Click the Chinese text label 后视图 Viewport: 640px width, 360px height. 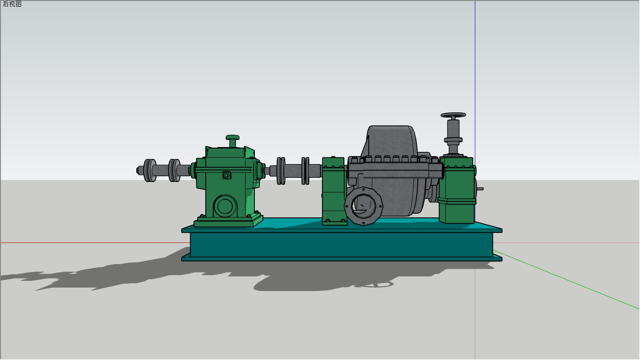coord(12,4)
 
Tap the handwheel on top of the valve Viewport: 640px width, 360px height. coord(453,115)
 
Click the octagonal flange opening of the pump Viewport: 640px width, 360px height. coord(363,206)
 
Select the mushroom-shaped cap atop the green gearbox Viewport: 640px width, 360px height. coord(233,141)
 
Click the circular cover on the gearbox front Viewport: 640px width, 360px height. coord(225,206)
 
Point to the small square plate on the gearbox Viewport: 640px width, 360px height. coord(227,175)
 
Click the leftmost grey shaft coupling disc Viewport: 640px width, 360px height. coord(150,170)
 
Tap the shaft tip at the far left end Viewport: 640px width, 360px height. coord(138,171)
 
